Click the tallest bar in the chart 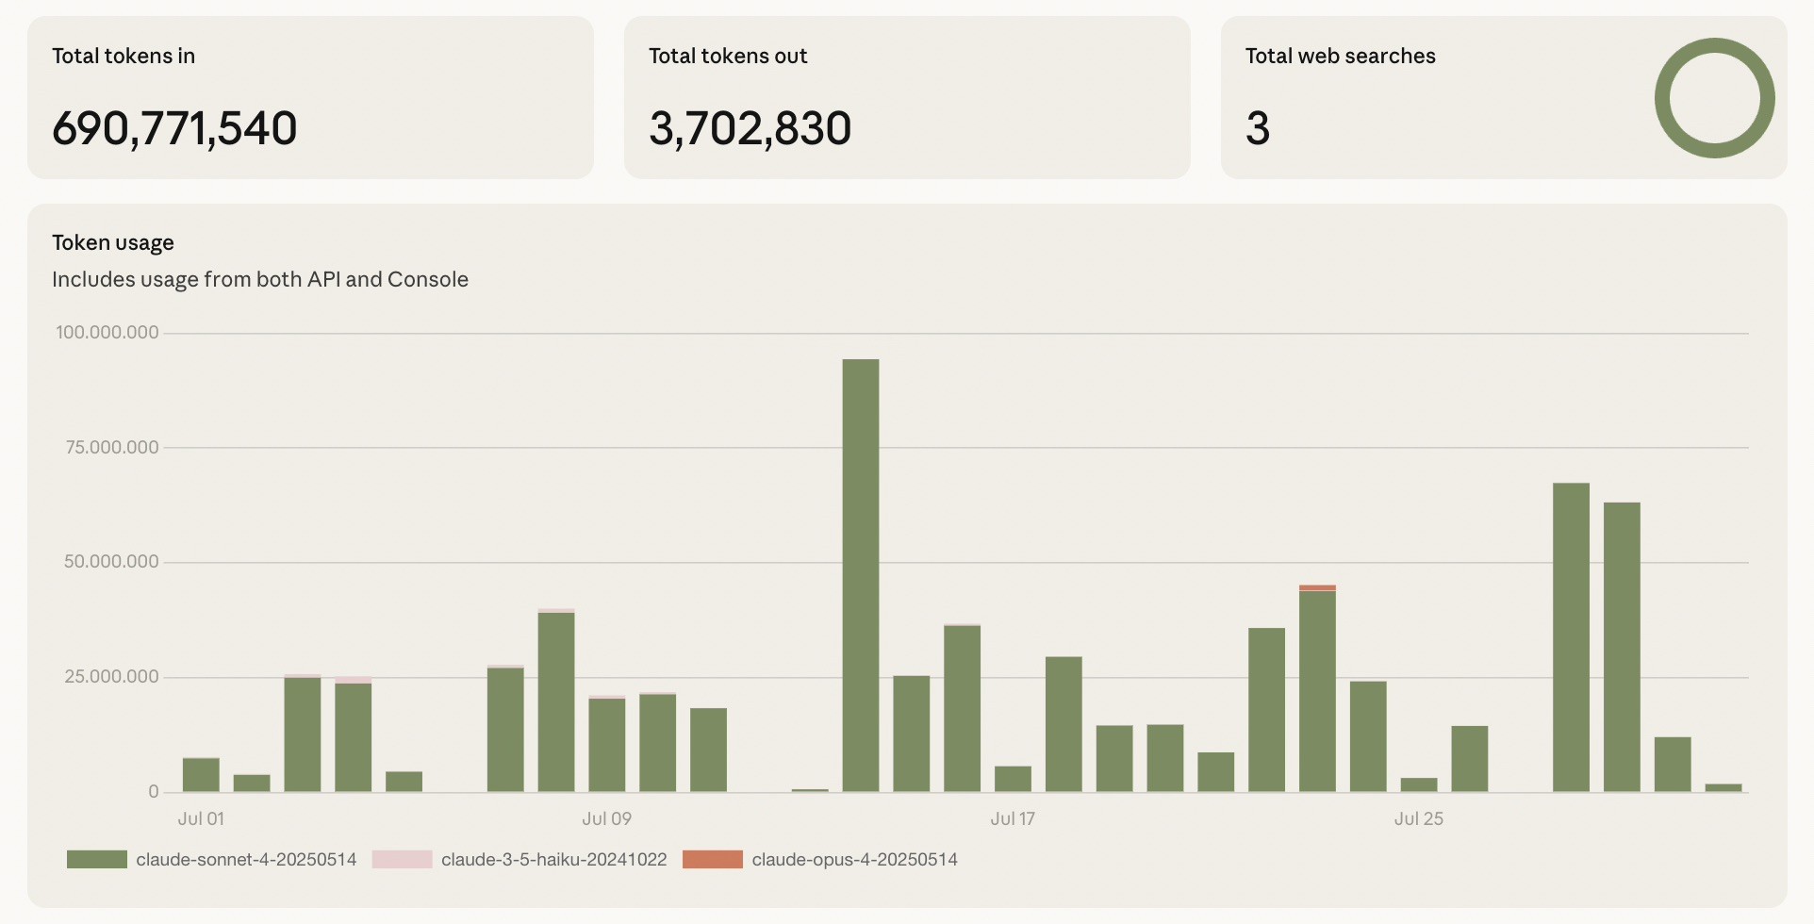tap(860, 575)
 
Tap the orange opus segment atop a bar tap(1317, 587)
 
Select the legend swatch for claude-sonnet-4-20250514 tap(96, 859)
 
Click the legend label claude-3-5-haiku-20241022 tap(553, 859)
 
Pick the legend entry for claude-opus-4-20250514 tap(854, 859)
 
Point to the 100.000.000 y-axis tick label tap(107, 332)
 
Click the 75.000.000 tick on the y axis tap(112, 447)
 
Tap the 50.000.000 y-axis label tap(111, 561)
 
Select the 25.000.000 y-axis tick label tap(111, 676)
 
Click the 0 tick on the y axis tap(153, 791)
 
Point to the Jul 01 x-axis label tap(201, 818)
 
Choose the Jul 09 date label tap(606, 818)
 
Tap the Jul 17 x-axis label tap(1013, 818)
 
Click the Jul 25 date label tap(1418, 818)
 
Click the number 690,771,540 tap(174, 128)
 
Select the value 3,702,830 tap(750, 128)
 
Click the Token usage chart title tap(113, 242)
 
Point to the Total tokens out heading tap(728, 56)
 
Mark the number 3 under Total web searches tap(1258, 128)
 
